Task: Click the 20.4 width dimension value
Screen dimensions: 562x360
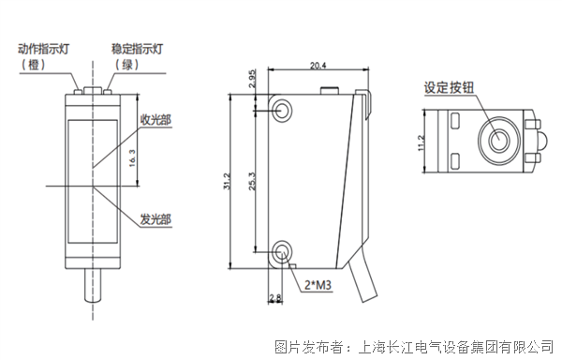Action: coord(318,66)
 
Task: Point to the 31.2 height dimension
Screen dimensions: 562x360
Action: coord(228,181)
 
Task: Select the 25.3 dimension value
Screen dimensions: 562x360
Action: coord(252,181)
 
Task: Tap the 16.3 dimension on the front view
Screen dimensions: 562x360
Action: coord(132,158)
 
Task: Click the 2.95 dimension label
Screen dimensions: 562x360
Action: coord(252,79)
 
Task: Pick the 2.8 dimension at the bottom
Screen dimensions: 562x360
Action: coord(275,297)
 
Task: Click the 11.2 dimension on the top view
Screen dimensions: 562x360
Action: coord(421,142)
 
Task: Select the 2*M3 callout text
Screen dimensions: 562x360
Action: coord(318,285)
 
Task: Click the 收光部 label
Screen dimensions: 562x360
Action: coord(155,120)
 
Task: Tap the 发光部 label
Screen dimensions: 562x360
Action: coord(155,219)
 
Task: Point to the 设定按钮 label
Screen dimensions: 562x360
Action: coord(449,87)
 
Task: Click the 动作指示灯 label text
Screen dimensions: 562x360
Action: coord(43,49)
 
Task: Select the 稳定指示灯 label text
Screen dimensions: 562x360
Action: coord(137,49)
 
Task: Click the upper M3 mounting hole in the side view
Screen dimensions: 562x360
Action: coord(282,110)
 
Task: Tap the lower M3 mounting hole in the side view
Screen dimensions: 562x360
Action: coord(282,252)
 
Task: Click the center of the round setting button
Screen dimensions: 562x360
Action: coord(498,141)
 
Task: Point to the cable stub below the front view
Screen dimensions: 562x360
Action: coord(93,285)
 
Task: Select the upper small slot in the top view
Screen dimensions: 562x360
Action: coord(455,121)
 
